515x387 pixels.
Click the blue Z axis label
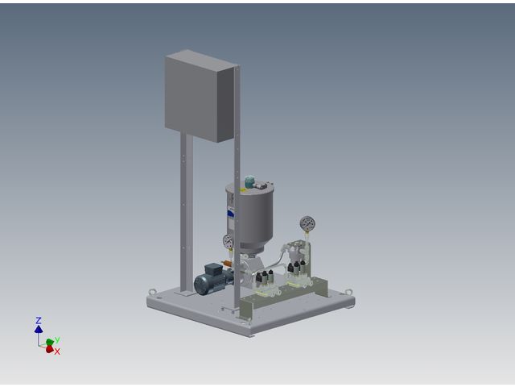coord(39,320)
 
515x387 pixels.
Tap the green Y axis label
coord(57,339)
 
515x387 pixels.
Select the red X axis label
coord(57,352)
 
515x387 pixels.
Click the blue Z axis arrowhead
coord(39,329)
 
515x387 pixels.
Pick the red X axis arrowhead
coord(50,349)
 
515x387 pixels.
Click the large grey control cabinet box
coord(200,97)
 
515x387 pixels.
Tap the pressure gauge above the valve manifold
coord(307,224)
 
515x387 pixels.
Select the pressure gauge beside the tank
coord(228,241)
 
